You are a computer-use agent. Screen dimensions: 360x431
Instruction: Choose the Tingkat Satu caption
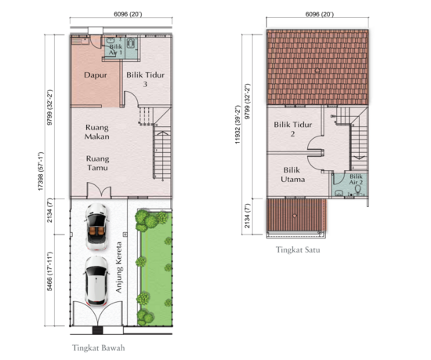click(296, 251)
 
